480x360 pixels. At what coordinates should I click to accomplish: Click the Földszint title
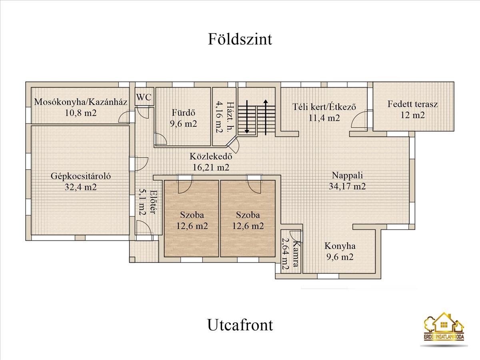click(x=240, y=39)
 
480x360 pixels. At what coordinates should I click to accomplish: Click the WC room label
click(x=144, y=97)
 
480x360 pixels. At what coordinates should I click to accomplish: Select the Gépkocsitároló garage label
click(x=81, y=176)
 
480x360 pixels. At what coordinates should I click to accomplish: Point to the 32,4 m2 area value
click(x=80, y=187)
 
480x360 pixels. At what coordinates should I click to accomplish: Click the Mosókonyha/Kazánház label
click(x=81, y=102)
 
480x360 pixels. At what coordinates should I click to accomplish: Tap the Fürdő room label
click(x=184, y=113)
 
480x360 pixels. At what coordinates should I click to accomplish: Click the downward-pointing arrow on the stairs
click(x=247, y=117)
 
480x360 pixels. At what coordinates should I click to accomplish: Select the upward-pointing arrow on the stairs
click(x=266, y=117)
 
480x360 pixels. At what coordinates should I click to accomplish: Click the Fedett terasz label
click(x=413, y=104)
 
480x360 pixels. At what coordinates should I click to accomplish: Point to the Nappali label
click(x=347, y=175)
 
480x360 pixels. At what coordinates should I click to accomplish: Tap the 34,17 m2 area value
click(x=347, y=186)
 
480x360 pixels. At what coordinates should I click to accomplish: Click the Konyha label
click(x=340, y=246)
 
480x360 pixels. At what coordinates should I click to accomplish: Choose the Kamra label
click(x=296, y=254)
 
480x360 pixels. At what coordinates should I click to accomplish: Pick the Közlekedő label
click(x=211, y=156)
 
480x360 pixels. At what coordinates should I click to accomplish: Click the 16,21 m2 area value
click(x=211, y=168)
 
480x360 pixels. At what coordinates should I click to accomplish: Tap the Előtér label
click(x=153, y=202)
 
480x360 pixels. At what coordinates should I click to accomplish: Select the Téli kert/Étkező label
click(x=324, y=107)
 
